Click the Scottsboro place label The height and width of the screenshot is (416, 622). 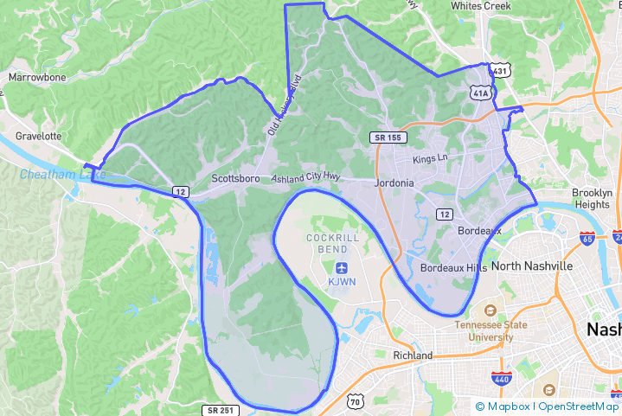235,179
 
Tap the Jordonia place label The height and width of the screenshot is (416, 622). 394,183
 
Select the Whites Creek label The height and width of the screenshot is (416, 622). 481,6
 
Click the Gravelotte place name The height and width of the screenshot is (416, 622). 38,137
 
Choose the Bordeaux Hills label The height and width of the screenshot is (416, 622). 453,269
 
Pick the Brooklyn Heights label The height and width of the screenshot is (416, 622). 592,198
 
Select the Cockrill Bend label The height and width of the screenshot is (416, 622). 327,243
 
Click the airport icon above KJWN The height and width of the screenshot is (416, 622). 340,266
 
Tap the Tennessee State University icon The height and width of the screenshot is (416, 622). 491,310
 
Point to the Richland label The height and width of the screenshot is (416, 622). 413,355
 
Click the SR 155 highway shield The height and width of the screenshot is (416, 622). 387,138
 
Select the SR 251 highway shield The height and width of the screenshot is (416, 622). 219,410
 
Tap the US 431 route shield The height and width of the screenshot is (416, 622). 501,70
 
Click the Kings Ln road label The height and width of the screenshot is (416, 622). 430,159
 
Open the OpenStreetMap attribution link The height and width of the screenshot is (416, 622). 579,406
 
